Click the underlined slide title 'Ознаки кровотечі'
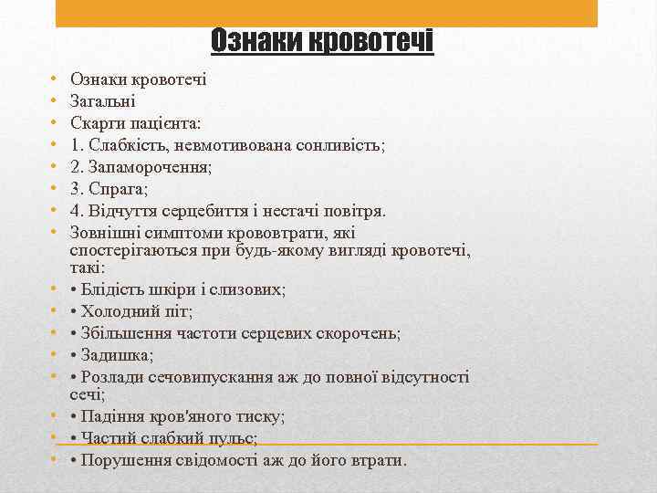(322, 41)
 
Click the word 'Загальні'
(103, 101)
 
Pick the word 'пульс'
(235, 438)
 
